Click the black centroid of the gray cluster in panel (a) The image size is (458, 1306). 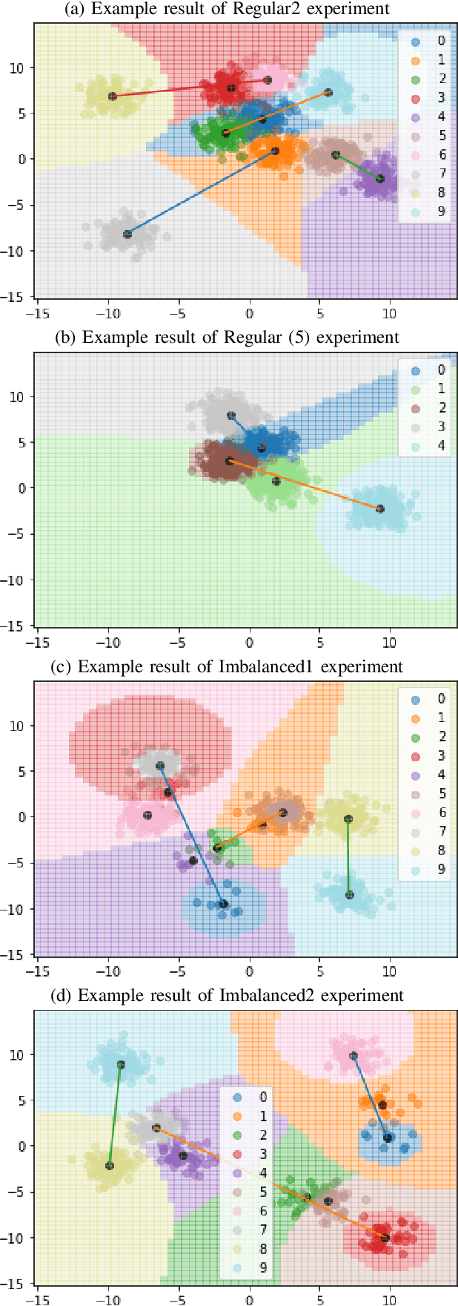pos(127,234)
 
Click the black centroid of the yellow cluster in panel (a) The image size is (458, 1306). pos(113,96)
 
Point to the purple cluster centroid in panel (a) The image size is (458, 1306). pos(380,179)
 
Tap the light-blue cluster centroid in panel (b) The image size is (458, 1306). pos(380,509)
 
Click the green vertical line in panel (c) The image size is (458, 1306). pos(348,857)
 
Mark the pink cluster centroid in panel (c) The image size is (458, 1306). pos(147,816)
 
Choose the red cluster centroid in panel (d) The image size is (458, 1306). pos(385,1238)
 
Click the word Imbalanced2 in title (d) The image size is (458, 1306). pos(265,995)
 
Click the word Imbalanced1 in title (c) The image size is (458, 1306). pos(264,666)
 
